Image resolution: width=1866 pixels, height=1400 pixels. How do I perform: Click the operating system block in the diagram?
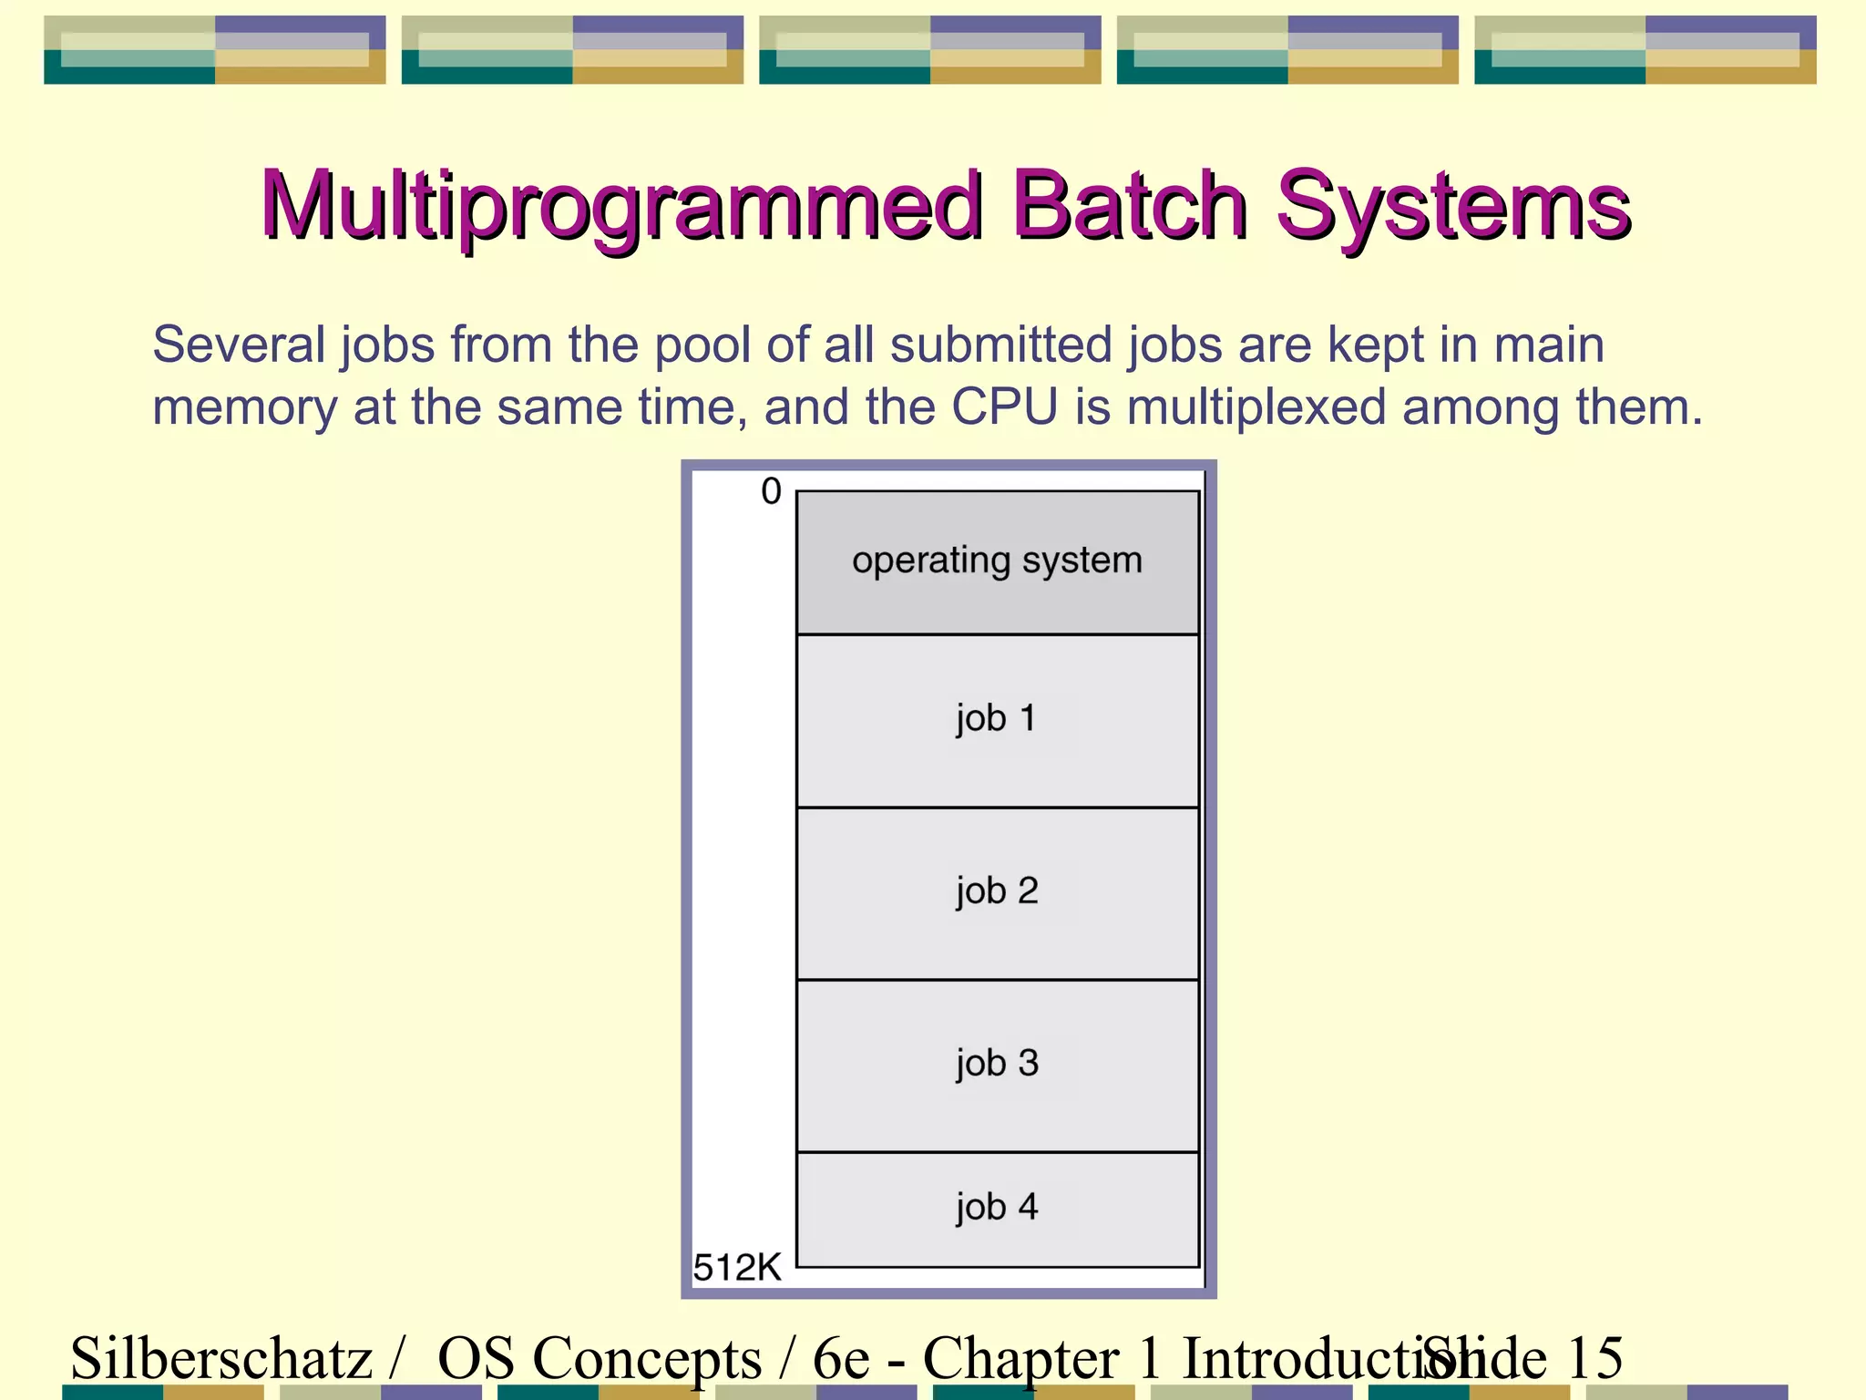[x=997, y=561]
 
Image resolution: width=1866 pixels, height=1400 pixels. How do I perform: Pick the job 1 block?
[x=997, y=720]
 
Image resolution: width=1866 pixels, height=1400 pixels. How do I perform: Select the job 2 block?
[x=997, y=892]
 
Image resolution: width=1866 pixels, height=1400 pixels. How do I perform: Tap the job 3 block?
[x=997, y=1065]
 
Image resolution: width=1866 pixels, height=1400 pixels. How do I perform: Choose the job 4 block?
[x=997, y=1209]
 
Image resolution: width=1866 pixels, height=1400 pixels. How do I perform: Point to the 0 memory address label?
[x=771, y=492]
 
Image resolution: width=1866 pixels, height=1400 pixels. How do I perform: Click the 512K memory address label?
[x=737, y=1268]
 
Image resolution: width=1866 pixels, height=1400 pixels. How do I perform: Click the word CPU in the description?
[x=1004, y=407]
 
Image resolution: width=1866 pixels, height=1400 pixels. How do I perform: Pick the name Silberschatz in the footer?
[x=221, y=1358]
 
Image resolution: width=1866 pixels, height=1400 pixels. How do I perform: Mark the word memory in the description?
[x=244, y=407]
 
